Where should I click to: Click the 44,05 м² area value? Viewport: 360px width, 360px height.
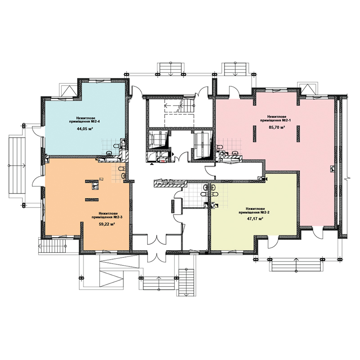[x=85, y=129]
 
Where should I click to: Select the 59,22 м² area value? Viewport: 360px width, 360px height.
[x=107, y=224]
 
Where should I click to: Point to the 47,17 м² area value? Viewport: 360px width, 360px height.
[x=255, y=219]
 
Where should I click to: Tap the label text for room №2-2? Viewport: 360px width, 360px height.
[x=254, y=211]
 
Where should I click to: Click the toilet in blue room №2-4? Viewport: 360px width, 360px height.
[x=117, y=145]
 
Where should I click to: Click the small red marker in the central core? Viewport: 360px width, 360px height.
[x=162, y=161]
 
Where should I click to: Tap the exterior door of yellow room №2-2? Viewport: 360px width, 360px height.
[x=273, y=242]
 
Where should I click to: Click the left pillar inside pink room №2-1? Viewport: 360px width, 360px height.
[x=255, y=134]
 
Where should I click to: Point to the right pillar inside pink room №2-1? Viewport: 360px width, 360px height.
[x=298, y=134]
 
